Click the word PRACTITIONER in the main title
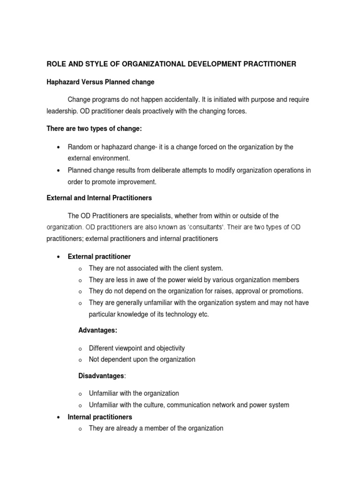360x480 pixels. pos(265,64)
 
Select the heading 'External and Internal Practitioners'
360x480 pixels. pos(99,198)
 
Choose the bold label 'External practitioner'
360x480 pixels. pos(99,257)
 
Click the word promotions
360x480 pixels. pos(285,291)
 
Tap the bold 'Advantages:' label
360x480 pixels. pos(97,330)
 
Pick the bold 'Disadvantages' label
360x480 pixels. pos(101,376)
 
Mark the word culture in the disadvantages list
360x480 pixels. pos(152,405)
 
